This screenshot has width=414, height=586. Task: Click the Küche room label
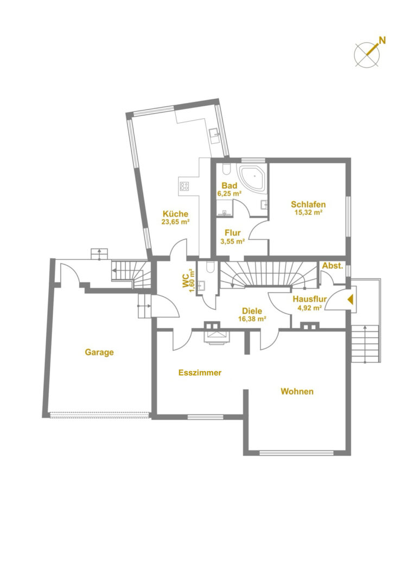point(175,214)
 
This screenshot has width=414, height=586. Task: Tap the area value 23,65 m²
point(175,221)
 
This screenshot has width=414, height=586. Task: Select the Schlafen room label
point(308,205)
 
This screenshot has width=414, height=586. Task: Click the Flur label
point(233,233)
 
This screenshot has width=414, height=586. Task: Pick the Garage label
point(99,352)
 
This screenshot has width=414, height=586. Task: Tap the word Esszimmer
point(200,373)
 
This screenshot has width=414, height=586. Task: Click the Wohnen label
point(297,392)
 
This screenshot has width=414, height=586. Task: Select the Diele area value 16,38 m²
point(252,319)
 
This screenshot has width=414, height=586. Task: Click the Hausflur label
point(310,299)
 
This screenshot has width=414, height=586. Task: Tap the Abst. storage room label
point(333,266)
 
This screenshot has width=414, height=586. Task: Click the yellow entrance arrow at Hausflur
point(350,300)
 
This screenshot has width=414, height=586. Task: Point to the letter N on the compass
point(382,40)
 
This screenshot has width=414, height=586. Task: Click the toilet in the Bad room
point(226,170)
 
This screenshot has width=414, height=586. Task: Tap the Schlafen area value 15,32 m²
point(308,212)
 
